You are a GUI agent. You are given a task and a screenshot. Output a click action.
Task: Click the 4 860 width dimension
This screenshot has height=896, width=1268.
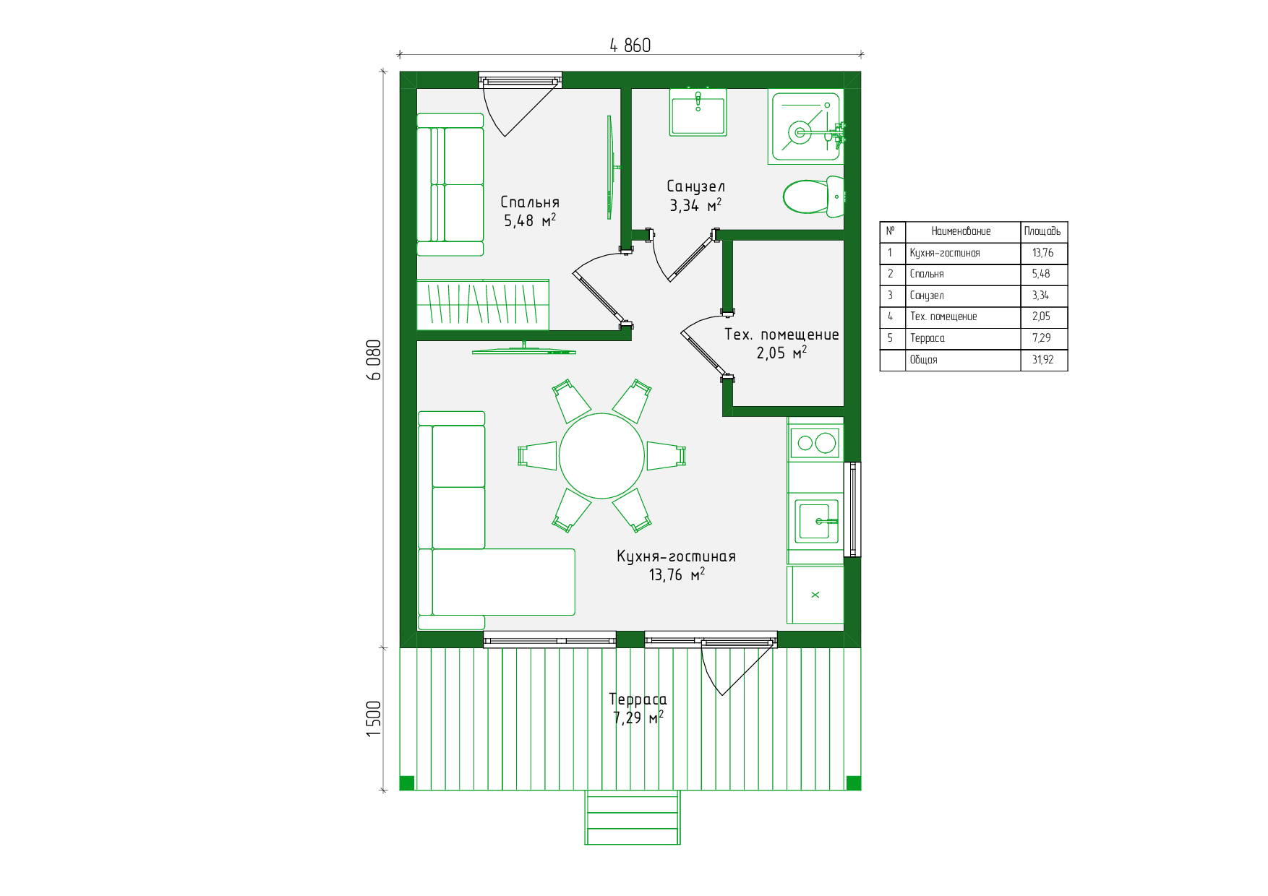[630, 46]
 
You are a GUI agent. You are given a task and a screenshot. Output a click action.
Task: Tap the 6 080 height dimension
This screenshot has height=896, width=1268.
[374, 360]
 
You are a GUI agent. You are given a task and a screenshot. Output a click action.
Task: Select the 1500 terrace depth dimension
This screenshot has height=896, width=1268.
[374, 718]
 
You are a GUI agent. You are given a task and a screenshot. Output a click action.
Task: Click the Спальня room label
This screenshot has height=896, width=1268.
[530, 202]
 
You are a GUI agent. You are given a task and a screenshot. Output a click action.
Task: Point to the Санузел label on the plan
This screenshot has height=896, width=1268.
[695, 186]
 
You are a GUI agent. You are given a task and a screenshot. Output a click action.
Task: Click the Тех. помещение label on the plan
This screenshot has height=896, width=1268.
[781, 335]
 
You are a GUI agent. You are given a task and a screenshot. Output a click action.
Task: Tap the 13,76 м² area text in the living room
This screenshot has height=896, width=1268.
[677, 574]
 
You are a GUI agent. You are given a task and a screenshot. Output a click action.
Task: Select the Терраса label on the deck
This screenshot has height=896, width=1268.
[638, 699]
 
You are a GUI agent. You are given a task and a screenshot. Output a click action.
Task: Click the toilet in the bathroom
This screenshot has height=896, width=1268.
[813, 197]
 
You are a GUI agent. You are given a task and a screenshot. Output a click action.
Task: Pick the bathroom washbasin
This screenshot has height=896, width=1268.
[698, 112]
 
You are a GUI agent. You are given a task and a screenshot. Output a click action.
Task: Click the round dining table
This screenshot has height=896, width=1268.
[601, 456]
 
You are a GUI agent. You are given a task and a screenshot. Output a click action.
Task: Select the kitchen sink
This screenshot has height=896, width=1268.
[817, 520]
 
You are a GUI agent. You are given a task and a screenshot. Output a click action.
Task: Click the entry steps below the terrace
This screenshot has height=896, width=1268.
[633, 817]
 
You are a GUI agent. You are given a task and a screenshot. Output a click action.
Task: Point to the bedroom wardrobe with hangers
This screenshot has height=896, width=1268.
[483, 304]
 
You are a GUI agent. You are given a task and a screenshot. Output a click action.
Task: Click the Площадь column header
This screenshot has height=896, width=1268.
[1042, 231]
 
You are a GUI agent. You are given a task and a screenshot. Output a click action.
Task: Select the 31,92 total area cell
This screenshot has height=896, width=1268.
[1042, 360]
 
